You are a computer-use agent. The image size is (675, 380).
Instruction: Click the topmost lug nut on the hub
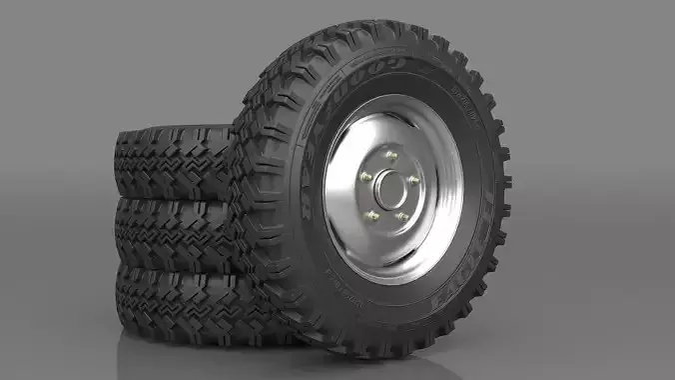391,156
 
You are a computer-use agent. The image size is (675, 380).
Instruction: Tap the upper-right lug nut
412,180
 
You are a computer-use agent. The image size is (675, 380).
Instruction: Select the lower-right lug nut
402,215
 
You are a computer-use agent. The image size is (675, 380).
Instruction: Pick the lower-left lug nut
372,215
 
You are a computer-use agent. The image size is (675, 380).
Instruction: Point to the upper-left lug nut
365,177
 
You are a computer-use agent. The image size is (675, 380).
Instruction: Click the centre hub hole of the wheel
389,189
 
